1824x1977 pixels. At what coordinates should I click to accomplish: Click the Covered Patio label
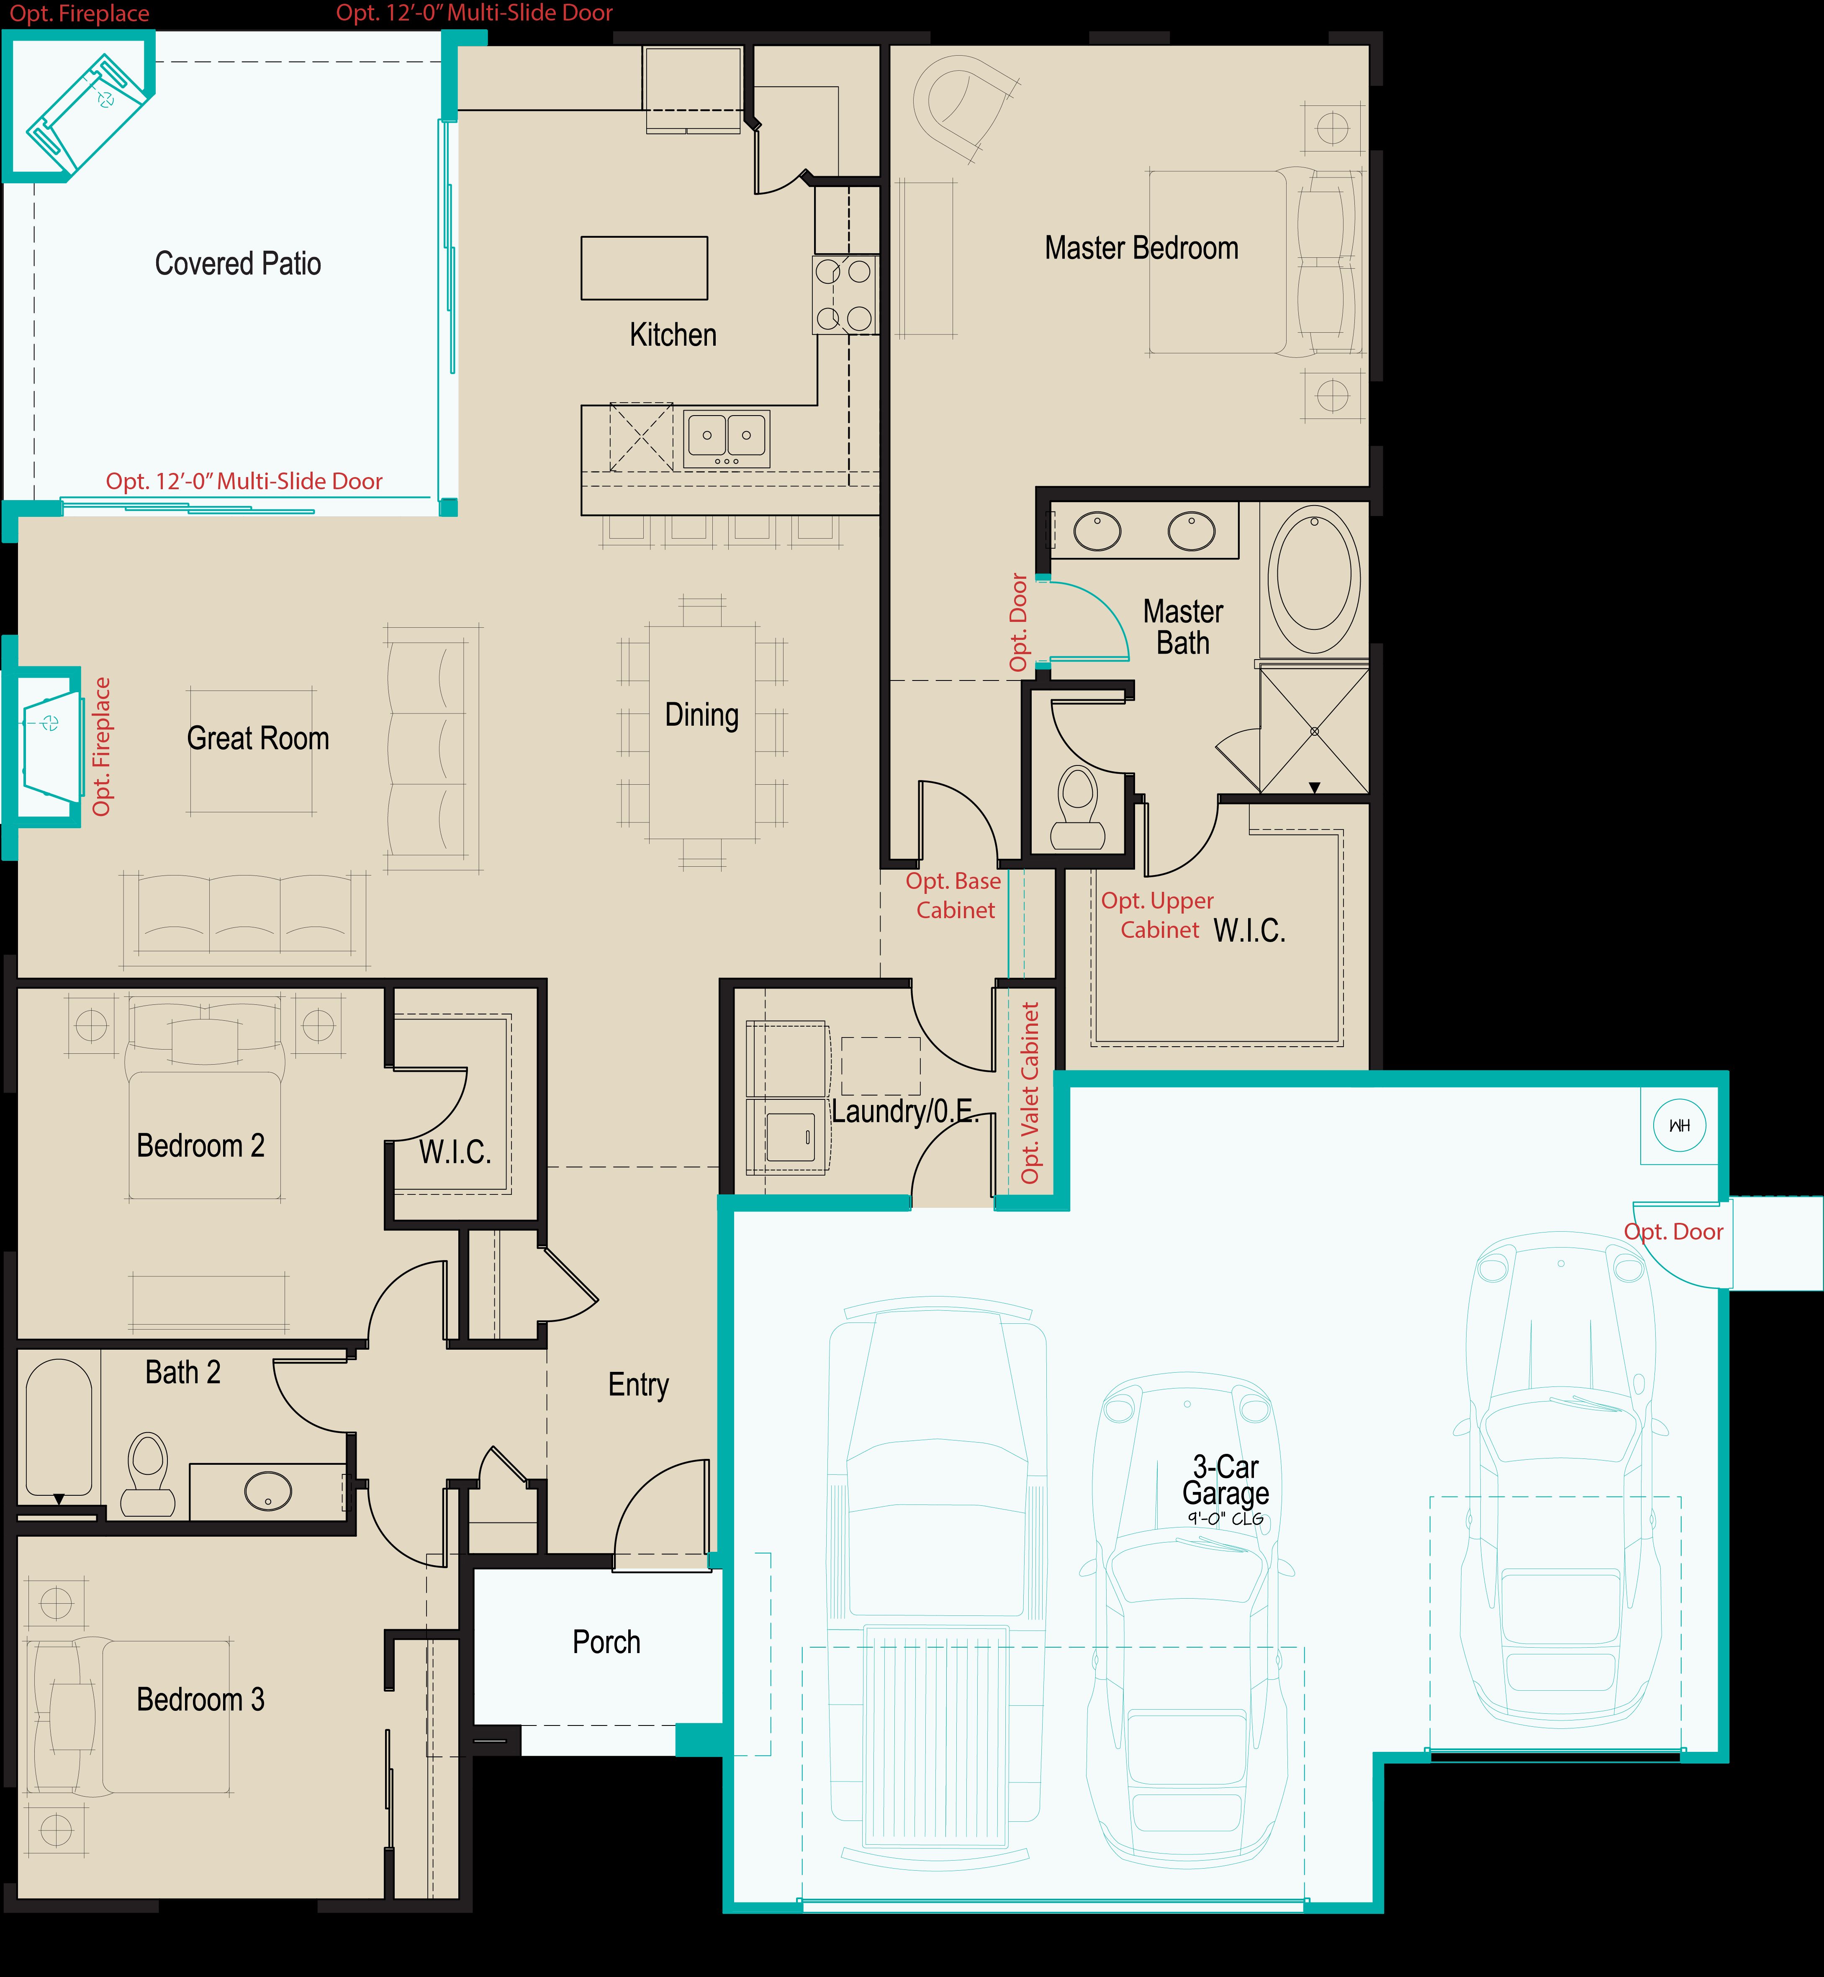point(238,264)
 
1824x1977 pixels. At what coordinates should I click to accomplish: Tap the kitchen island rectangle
point(644,267)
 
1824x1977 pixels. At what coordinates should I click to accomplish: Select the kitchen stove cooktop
point(844,294)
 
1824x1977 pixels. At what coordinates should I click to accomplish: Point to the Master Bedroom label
point(1141,248)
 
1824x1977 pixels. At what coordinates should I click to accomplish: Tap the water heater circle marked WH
point(1679,1125)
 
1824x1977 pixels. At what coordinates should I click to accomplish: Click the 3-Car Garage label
point(1225,1481)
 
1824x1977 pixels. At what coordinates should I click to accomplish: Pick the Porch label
point(606,1642)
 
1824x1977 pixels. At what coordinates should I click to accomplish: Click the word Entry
point(637,1385)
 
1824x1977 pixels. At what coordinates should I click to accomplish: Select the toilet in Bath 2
point(148,1474)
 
